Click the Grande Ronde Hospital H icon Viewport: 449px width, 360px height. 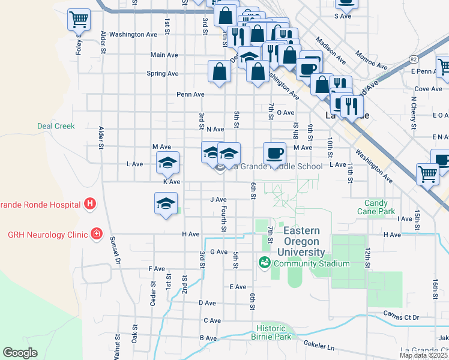tap(90, 205)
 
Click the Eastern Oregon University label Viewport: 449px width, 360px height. tap(304, 241)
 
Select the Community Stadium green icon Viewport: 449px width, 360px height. tap(264, 263)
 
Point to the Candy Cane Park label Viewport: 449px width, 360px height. tap(379, 208)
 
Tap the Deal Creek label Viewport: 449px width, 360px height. tap(56, 126)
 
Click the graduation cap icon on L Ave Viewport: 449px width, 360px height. tap(168, 162)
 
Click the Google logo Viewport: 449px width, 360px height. tap(20, 353)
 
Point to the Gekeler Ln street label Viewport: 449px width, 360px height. tap(318, 346)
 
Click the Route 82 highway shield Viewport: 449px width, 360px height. tap(414, 59)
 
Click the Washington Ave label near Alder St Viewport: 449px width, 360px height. tap(133, 34)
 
